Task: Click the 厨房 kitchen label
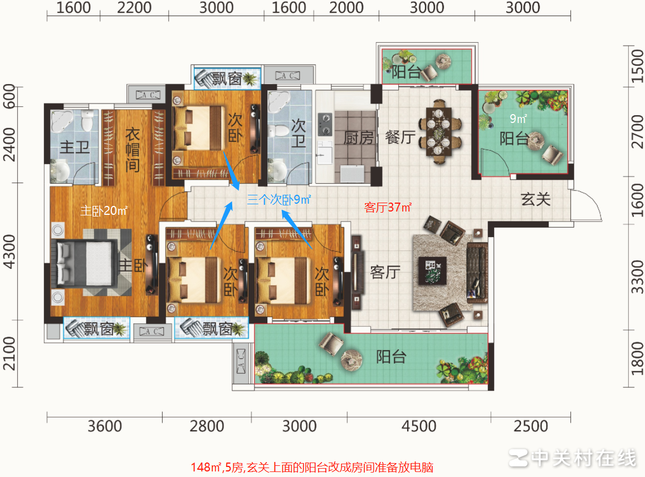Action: point(358,137)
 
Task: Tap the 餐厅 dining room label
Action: point(400,137)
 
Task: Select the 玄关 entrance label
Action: point(536,199)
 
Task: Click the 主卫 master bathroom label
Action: point(75,147)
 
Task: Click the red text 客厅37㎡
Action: point(388,208)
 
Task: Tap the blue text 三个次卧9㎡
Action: point(278,199)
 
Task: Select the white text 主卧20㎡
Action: point(104,212)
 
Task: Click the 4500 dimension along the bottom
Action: point(418,427)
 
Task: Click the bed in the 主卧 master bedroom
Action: point(84,262)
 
